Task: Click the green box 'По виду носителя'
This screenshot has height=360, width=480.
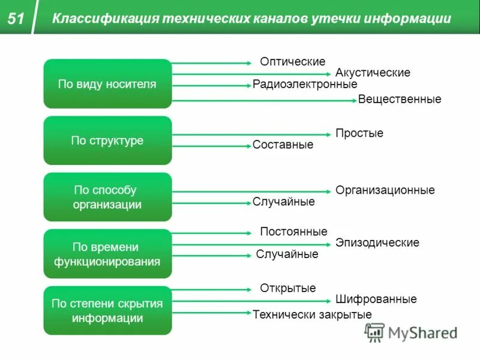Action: pyautogui.click(x=107, y=84)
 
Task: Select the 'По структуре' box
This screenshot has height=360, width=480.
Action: pyautogui.click(x=107, y=140)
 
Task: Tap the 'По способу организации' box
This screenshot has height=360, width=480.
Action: pyautogui.click(x=107, y=197)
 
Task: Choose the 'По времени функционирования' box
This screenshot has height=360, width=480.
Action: pyautogui.click(x=107, y=254)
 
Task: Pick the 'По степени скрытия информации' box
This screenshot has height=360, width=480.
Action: pyautogui.click(x=107, y=311)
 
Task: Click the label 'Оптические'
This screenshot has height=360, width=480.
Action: pyautogui.click(x=292, y=62)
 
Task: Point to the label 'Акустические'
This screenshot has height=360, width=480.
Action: pyautogui.click(x=373, y=73)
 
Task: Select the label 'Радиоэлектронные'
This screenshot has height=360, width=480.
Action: pyautogui.click(x=305, y=85)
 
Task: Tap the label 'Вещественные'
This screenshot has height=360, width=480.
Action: pyautogui.click(x=400, y=99)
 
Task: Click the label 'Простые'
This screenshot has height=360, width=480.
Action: pyautogui.click(x=359, y=133)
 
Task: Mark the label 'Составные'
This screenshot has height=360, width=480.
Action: pyautogui.click(x=283, y=145)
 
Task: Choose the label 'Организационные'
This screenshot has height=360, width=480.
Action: pyautogui.click(x=385, y=190)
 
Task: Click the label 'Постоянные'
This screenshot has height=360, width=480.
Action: pyautogui.click(x=293, y=232)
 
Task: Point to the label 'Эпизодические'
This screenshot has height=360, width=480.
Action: pyautogui.click(x=377, y=243)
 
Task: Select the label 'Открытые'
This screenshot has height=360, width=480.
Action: pyautogui.click(x=287, y=288)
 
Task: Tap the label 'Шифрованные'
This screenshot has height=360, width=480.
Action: pyautogui.click(x=376, y=299)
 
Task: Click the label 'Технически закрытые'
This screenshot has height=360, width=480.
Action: pyautogui.click(x=312, y=314)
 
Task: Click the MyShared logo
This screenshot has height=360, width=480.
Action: pyautogui.click(x=412, y=332)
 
